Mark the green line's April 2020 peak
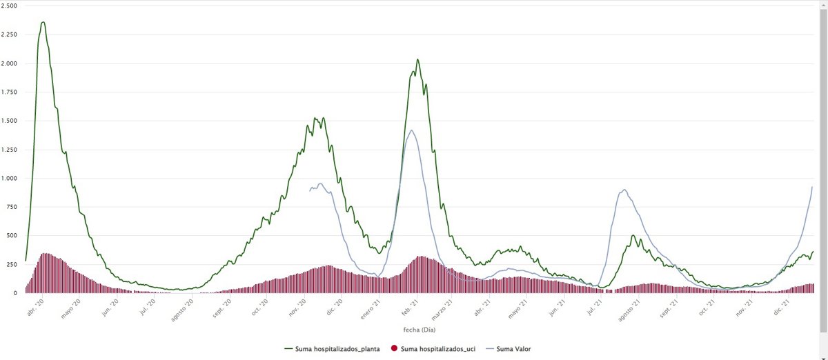43,22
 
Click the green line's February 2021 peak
417,59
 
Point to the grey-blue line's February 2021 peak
412,130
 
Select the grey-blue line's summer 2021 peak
624,190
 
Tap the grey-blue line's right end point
812,187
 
